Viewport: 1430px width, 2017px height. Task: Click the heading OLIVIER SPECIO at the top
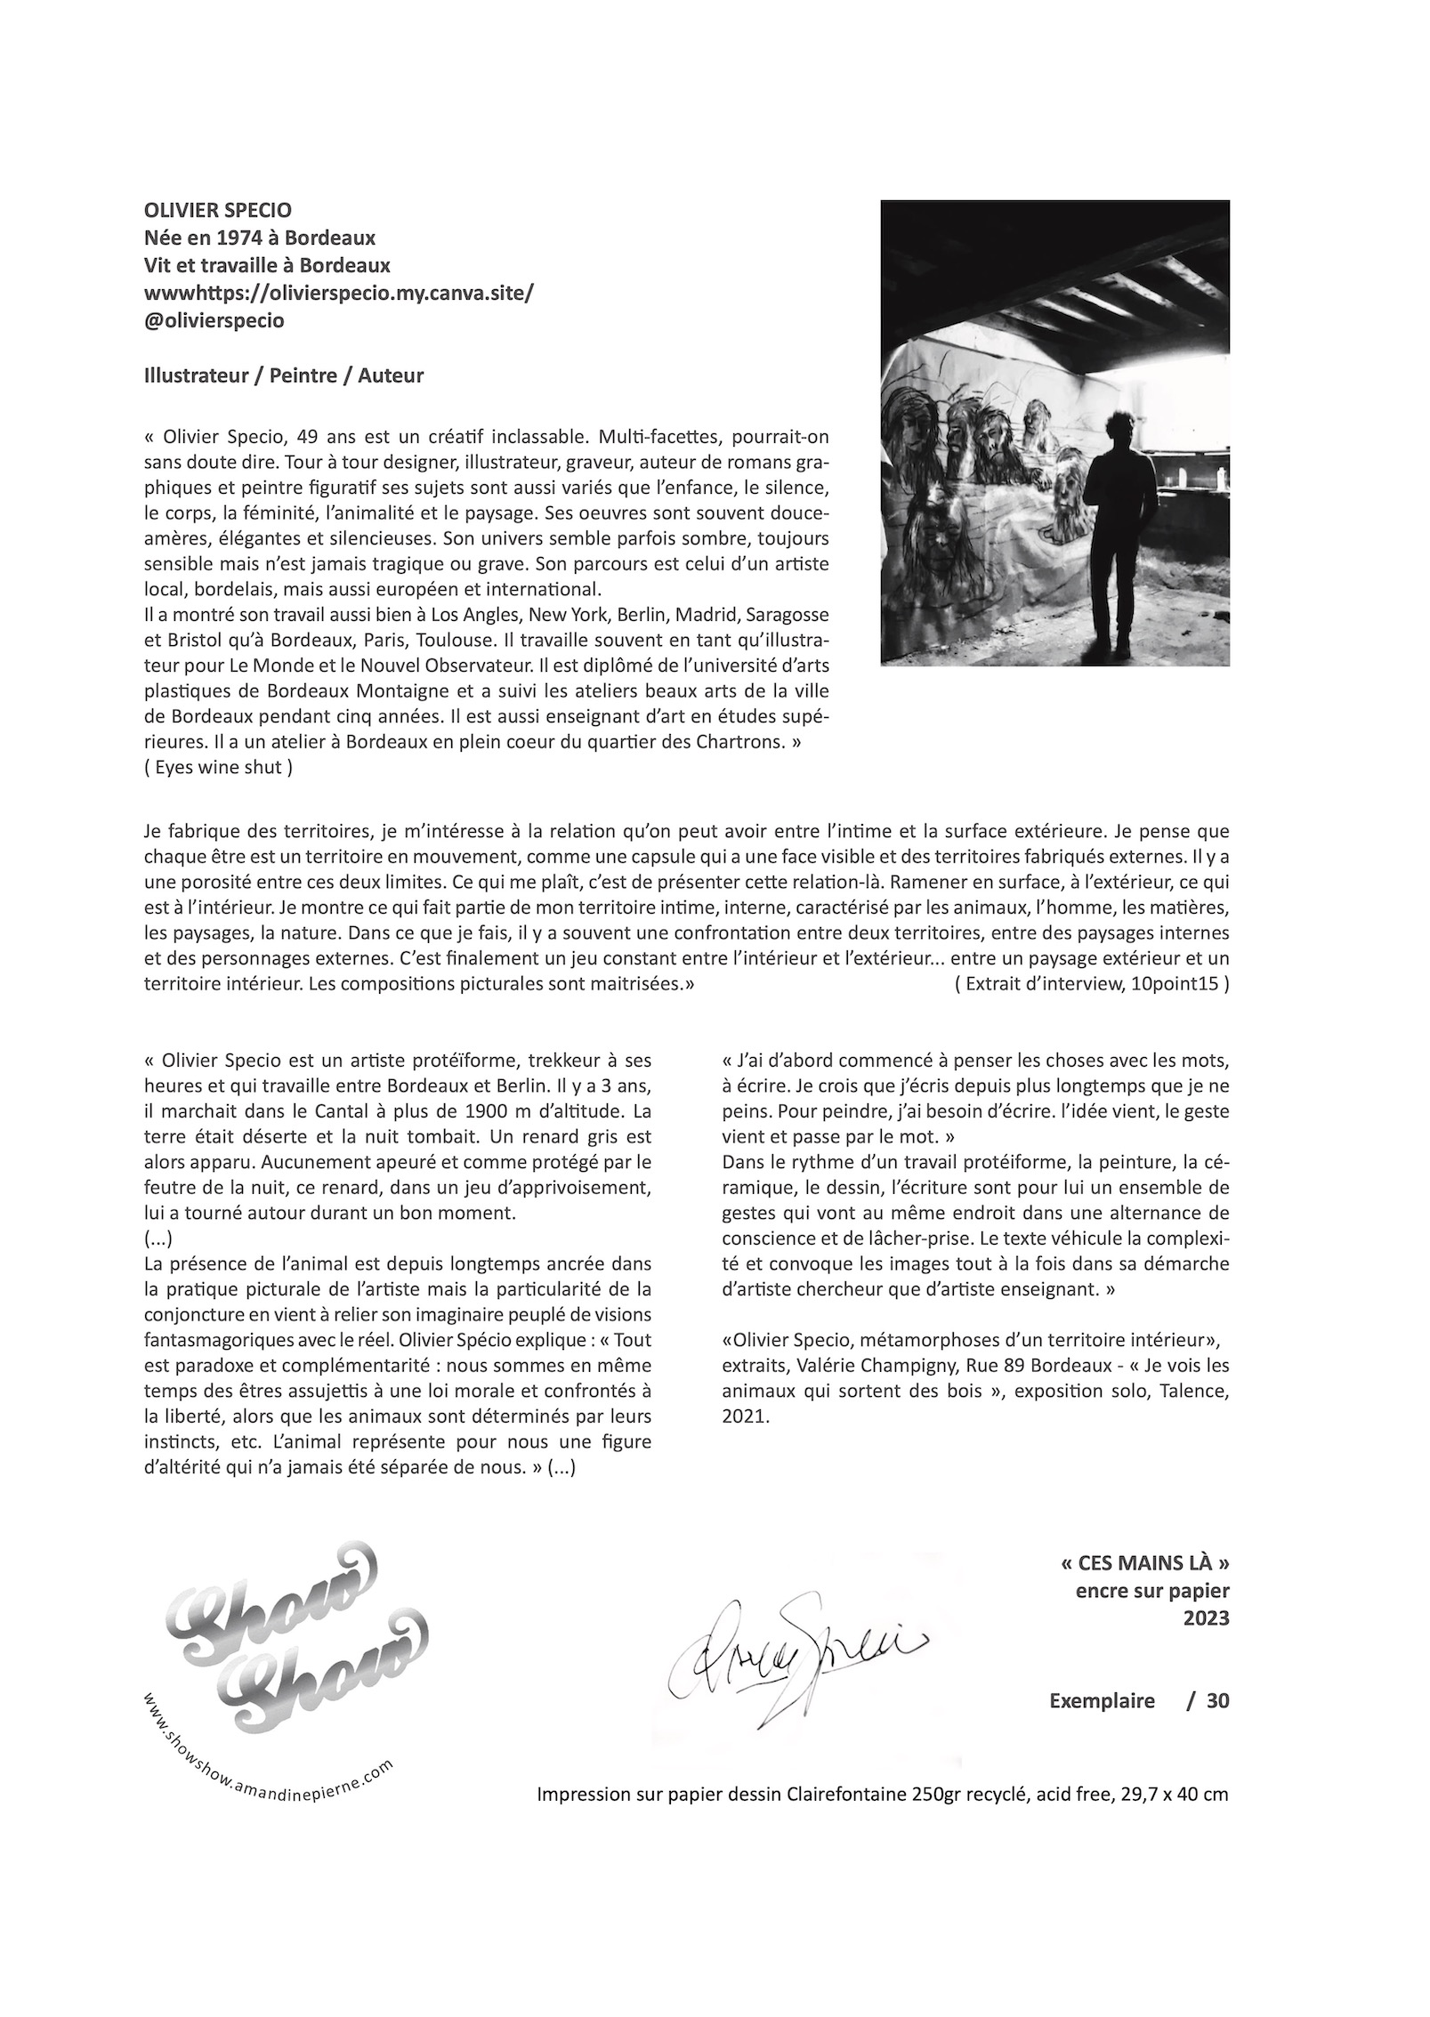(217, 211)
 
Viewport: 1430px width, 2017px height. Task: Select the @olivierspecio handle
(214, 321)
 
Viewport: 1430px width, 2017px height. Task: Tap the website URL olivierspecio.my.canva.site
(338, 294)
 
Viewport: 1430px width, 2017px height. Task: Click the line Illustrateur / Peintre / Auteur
(283, 375)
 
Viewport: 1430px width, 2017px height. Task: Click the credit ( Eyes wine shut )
(217, 768)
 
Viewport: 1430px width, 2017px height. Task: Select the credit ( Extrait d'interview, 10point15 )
(1091, 984)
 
